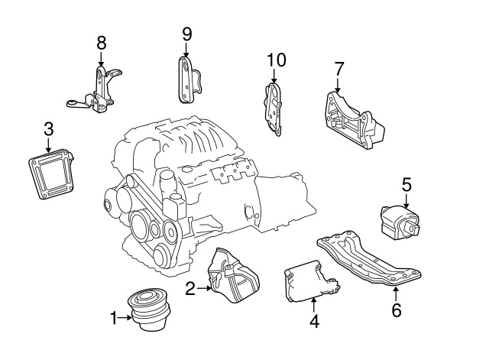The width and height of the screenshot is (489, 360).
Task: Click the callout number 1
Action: [x=114, y=317]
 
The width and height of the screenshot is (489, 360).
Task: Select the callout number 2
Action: [x=190, y=288]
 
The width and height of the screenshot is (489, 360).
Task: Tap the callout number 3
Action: [x=48, y=128]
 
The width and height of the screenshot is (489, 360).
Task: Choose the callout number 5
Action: [x=406, y=183]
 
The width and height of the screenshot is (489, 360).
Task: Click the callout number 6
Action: [x=396, y=311]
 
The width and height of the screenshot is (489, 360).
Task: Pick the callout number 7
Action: [x=338, y=70]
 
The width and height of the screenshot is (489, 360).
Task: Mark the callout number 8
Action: [x=102, y=43]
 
